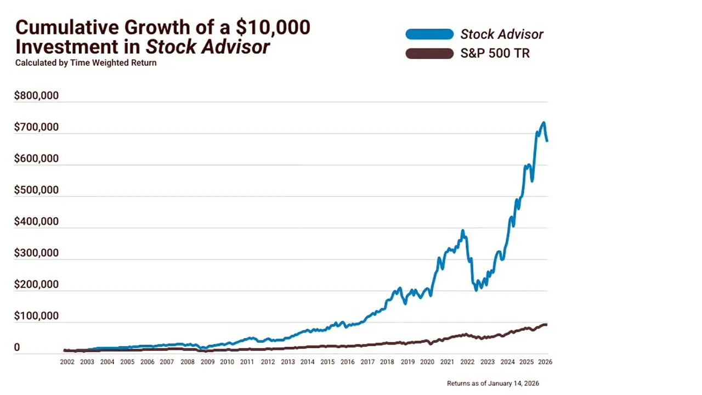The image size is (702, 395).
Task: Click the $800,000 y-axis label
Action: coord(36,96)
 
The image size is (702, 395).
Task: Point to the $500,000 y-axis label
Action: coord(36,190)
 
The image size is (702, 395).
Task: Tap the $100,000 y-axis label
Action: coord(36,316)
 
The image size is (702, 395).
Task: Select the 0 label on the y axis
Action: coord(17,347)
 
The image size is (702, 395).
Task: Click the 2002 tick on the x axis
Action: coord(67,362)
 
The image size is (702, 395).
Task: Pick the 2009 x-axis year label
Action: coord(207,362)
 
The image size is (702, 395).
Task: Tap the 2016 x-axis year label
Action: coord(347,362)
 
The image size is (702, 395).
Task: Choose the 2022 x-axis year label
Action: coord(467,362)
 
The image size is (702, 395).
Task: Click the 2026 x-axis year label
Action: coord(545,362)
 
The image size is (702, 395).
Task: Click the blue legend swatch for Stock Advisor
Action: coord(429,34)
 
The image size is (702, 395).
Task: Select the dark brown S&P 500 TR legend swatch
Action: coord(429,53)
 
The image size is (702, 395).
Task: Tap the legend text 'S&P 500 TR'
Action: coord(495,54)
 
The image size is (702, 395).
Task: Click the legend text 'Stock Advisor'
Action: coord(501,34)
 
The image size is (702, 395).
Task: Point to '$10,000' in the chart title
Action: coord(273,27)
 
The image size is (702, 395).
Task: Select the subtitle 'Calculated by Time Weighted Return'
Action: coord(86,63)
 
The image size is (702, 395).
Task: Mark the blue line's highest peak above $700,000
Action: coord(543,123)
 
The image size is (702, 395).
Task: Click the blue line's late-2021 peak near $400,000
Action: coord(463,231)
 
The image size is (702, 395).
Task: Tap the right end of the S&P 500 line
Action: coord(546,325)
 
